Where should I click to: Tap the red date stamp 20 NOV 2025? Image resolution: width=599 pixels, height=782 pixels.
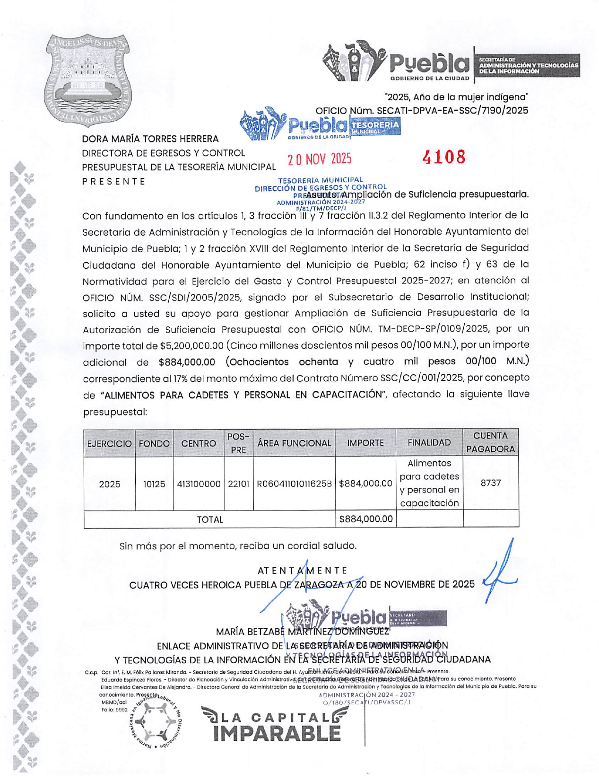(320, 159)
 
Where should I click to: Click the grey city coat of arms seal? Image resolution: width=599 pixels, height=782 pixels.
(88, 79)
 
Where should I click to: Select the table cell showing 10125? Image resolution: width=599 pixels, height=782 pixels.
(154, 484)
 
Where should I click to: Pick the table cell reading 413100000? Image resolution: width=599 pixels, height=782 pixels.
(199, 484)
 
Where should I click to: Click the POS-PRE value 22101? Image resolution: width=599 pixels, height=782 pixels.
(238, 484)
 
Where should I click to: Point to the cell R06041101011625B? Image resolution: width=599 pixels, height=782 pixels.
(294, 484)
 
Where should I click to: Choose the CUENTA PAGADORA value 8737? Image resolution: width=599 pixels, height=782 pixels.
(490, 483)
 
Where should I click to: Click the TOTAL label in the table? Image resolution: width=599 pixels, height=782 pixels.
(209, 519)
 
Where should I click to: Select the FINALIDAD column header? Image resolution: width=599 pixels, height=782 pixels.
(429, 443)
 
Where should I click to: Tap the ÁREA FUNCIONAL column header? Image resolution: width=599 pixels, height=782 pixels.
(294, 443)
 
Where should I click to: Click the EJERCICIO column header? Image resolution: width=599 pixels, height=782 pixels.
(109, 444)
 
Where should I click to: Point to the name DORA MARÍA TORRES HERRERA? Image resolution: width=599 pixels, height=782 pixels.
(150, 139)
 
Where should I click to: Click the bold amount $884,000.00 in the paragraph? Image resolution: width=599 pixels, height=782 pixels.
(187, 362)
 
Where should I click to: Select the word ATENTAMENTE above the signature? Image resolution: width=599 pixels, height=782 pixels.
(303, 571)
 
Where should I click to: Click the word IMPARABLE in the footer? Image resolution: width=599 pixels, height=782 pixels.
(277, 733)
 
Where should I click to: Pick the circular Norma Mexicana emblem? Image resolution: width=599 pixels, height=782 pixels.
(156, 721)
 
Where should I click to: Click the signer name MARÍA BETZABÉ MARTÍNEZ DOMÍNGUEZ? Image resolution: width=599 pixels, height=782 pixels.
(303, 632)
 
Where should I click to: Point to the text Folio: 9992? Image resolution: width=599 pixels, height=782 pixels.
(114, 710)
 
